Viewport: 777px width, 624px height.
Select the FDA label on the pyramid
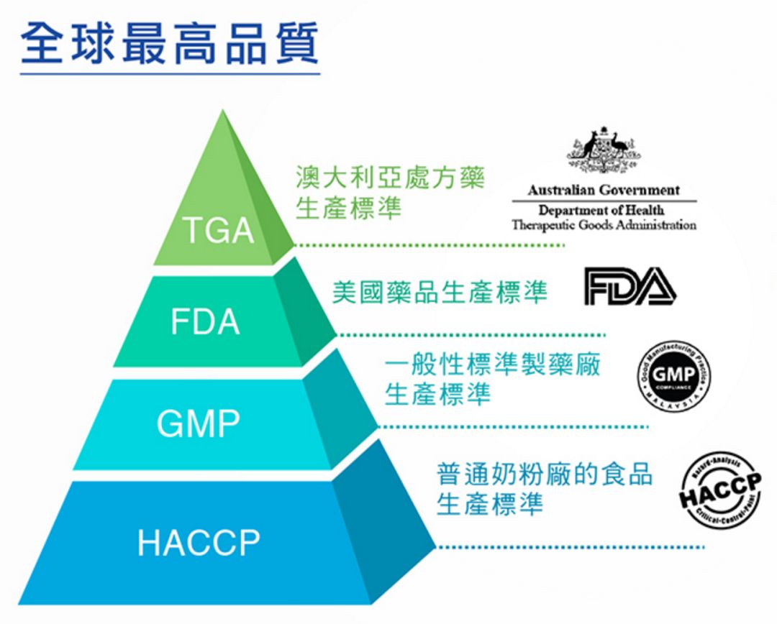[x=205, y=321]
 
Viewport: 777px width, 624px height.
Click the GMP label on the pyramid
[x=199, y=423]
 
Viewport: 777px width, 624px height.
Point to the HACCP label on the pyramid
[x=199, y=542]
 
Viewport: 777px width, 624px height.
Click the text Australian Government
[x=603, y=191]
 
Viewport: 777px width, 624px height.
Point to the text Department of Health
[x=601, y=210]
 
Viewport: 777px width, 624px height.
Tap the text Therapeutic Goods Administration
[x=604, y=225]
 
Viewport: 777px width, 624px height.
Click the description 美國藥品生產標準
[x=440, y=292]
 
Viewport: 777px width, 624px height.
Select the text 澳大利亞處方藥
[x=391, y=178]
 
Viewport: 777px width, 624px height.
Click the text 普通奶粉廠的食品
[x=545, y=474]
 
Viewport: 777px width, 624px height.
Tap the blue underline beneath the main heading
[x=170, y=73]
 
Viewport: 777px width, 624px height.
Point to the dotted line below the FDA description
[x=472, y=334]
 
